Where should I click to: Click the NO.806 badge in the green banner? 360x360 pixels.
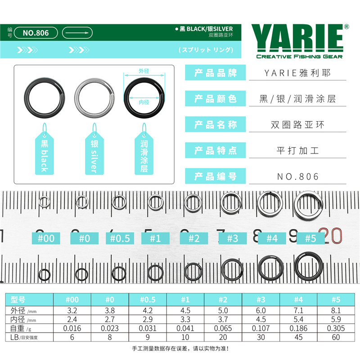(36, 33)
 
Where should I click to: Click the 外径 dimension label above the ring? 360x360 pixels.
(144, 71)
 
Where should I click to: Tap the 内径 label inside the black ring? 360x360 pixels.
(144, 102)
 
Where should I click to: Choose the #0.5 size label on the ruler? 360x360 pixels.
(120, 238)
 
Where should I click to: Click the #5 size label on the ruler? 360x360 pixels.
(310, 238)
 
